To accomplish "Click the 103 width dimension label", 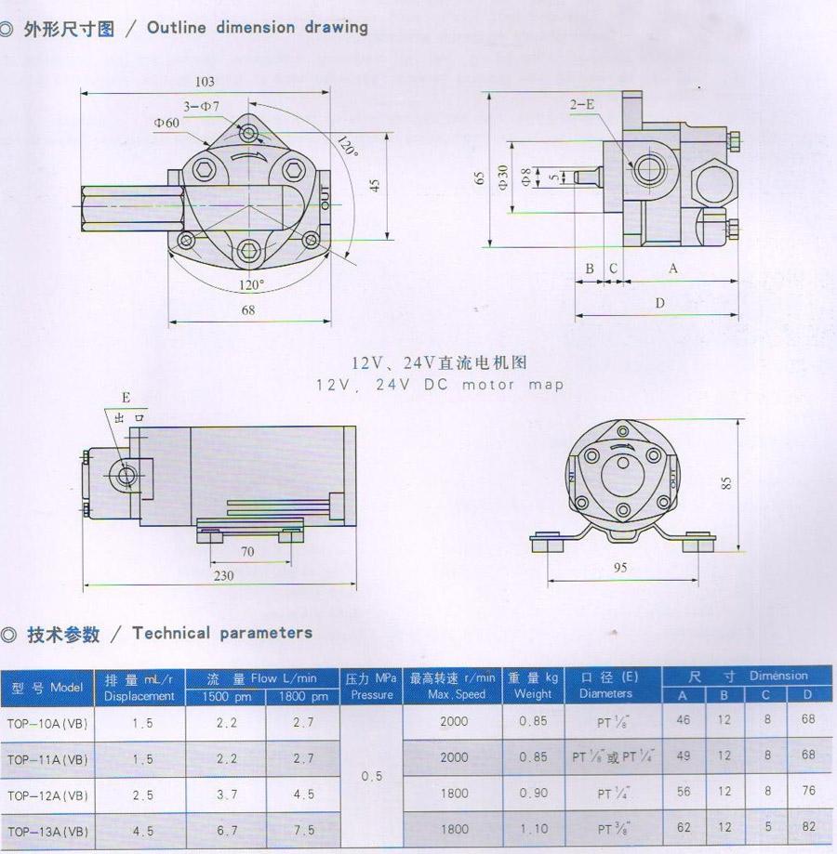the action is pyautogui.click(x=205, y=82).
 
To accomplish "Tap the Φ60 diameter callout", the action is pyautogui.click(x=166, y=123).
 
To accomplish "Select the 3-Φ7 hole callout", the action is pyautogui.click(x=201, y=106).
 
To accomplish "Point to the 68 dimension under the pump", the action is pyautogui.click(x=248, y=309).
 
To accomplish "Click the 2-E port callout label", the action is pyautogui.click(x=582, y=105).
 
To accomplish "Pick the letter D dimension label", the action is pyautogui.click(x=660, y=303).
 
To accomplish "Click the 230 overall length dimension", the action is pyautogui.click(x=223, y=576).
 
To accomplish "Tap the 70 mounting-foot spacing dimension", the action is pyautogui.click(x=247, y=552).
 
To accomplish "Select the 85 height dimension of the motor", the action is pyautogui.click(x=725, y=483).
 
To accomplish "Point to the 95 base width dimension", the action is pyautogui.click(x=620, y=568).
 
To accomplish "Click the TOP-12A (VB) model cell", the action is pyautogui.click(x=47, y=795).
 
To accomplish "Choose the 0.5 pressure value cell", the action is pyautogui.click(x=372, y=776).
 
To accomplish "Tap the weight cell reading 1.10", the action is pyautogui.click(x=534, y=829).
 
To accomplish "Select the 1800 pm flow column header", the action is pyautogui.click(x=303, y=697).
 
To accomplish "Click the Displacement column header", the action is pyautogui.click(x=139, y=696).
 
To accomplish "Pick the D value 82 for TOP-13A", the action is pyautogui.click(x=808, y=827).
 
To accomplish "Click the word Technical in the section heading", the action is pyautogui.click(x=171, y=633).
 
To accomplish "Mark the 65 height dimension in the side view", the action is pyautogui.click(x=480, y=178).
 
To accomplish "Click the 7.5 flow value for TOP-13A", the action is pyautogui.click(x=304, y=831).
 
